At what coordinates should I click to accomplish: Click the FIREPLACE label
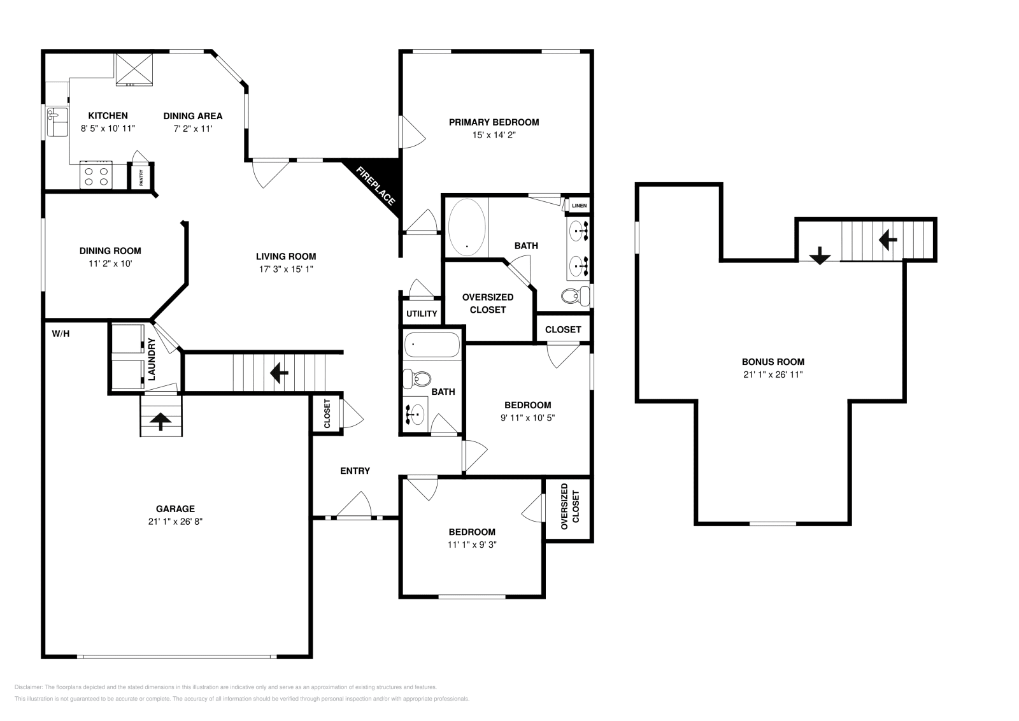[375, 185]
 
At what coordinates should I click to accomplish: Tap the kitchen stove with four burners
[96, 175]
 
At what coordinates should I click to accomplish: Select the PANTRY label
[141, 178]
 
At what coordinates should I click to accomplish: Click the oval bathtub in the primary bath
[467, 227]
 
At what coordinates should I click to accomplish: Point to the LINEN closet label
[579, 206]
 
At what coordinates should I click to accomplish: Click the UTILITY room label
[422, 313]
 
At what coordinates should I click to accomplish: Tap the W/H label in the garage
[61, 334]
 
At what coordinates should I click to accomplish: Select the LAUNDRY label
[152, 359]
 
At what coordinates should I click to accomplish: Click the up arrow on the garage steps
[160, 421]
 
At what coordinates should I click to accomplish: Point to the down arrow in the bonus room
[820, 255]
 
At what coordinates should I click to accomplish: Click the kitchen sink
[57, 122]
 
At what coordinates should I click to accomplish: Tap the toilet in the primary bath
[576, 297]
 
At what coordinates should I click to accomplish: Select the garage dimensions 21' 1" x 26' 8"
[175, 521]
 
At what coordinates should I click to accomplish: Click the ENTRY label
[355, 471]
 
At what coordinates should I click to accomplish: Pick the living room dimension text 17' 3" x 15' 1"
[286, 269]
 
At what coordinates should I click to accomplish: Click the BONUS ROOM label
[773, 362]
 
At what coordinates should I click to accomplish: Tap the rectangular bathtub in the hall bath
[432, 345]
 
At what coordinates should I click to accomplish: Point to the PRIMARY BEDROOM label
[494, 122]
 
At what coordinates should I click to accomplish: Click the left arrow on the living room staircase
[279, 373]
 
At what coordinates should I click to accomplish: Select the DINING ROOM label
[110, 251]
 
